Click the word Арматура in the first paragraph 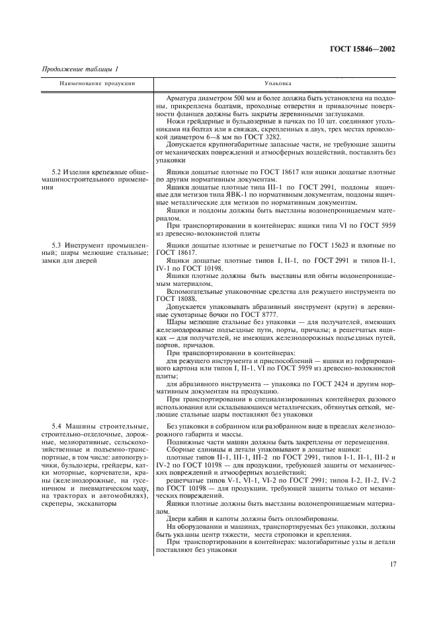[x=182, y=97]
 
